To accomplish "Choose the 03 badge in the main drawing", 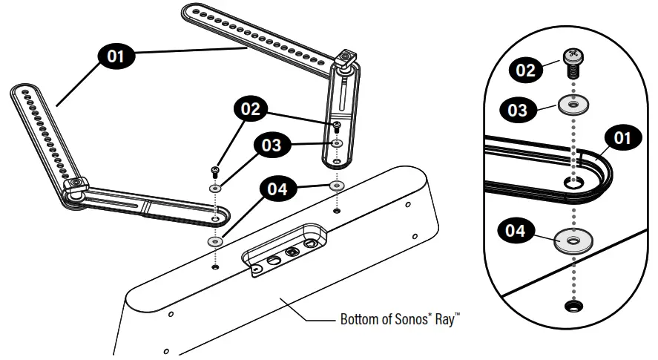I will pos(272,145).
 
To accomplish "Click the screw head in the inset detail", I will pos(573,56).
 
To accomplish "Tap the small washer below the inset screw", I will pos(573,105).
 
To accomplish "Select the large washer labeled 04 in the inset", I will pos(573,240).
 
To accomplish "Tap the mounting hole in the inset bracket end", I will pos(573,182).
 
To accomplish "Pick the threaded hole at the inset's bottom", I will pos(573,306).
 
